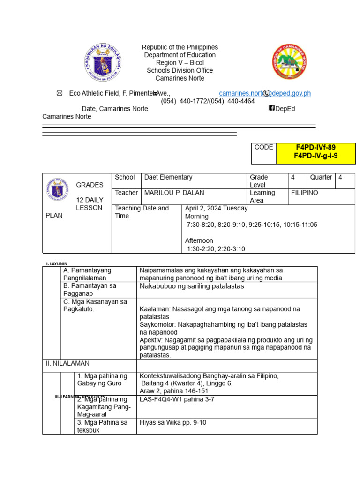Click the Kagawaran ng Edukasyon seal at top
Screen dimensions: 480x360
102,62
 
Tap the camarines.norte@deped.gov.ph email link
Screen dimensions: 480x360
265,93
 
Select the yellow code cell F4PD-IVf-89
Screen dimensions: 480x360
315,147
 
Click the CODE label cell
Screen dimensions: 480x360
263,147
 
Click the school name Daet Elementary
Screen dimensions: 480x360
168,177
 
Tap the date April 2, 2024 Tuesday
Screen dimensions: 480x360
216,208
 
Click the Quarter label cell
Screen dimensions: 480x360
321,177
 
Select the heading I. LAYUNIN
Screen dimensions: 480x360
57,264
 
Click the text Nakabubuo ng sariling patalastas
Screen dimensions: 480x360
192,286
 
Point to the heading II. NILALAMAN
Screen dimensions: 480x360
67,363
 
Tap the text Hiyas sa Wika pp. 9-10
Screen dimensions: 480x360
172,422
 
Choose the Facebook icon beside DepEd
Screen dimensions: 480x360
271,108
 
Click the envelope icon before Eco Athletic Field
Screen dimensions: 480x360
60,93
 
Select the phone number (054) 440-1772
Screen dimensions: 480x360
184,101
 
